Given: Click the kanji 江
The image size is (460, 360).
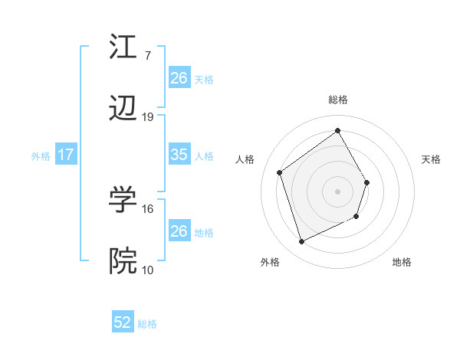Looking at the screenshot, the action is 123,47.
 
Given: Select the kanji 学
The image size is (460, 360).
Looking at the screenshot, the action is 123,200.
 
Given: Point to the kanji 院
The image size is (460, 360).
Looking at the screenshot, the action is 123,261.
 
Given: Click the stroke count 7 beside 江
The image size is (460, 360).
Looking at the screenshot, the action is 147,55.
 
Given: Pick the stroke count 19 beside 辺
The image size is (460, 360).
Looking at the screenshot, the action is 148,117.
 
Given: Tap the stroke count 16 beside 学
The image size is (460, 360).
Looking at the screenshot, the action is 148,208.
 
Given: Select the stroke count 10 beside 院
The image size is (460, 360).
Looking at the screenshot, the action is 148,269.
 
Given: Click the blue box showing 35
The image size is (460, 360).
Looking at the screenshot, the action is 179,155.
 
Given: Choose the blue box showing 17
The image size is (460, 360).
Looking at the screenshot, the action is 66,155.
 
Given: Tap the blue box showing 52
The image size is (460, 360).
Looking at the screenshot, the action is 123,322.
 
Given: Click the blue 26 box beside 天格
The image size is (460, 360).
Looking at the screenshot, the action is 179,77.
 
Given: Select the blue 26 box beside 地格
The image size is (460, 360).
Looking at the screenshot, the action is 179,231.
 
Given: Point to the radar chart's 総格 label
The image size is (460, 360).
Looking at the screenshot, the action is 337,100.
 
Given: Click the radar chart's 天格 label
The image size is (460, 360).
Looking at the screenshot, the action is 431,159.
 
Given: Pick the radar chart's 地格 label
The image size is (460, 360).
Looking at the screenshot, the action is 402,262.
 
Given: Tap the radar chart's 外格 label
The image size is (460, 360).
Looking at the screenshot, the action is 270,262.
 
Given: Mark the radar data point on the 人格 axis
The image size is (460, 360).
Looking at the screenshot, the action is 280,172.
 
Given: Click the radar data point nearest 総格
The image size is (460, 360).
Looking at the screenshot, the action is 337,130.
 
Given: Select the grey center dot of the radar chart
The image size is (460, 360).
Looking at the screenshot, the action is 337,191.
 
